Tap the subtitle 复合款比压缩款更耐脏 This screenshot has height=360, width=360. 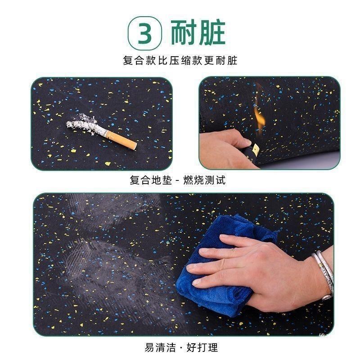[180, 60]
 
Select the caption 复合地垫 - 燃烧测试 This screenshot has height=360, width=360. [177, 180]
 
